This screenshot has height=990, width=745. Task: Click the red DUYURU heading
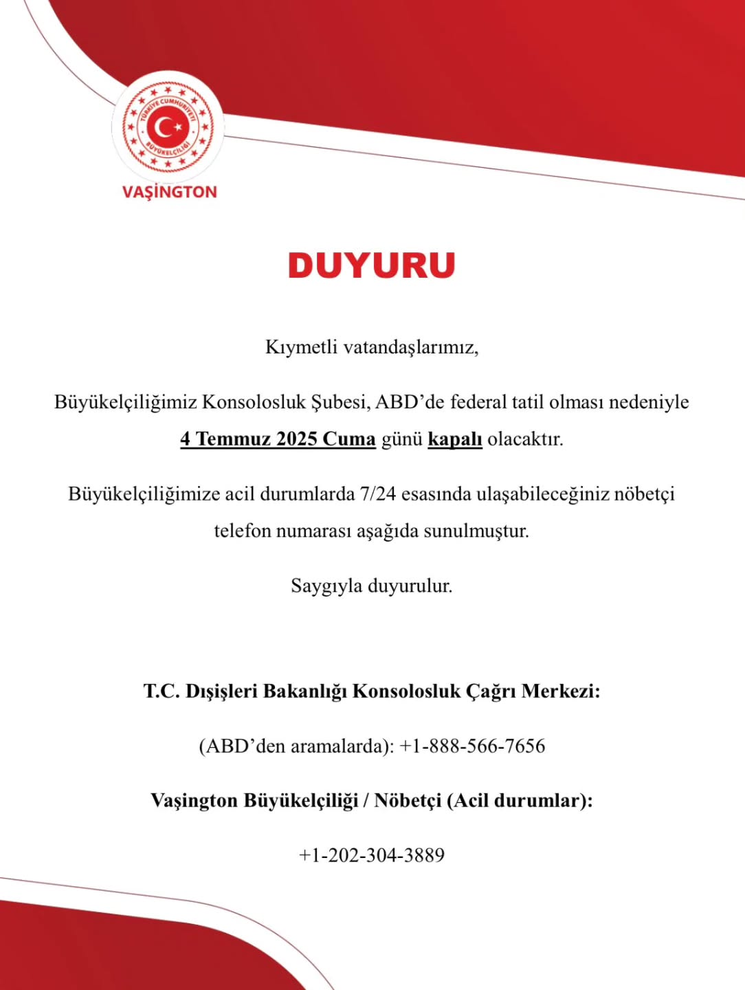point(372,265)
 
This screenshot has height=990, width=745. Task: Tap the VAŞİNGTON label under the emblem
point(169,192)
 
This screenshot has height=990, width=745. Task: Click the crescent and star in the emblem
point(168,127)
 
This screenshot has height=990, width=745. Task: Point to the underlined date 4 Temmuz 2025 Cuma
point(278,439)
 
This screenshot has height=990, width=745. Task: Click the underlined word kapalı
point(455,439)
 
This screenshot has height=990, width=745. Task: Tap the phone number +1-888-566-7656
point(472,746)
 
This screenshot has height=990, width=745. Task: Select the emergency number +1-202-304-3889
point(372,855)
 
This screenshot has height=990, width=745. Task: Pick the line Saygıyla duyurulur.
point(372,586)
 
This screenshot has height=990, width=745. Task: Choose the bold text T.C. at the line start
point(161,690)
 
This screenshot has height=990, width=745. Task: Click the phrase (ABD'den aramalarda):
point(296,746)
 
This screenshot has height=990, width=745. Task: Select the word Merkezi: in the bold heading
point(561,690)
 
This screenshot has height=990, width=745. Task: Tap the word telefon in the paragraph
point(243,531)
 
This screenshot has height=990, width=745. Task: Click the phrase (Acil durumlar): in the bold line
point(520,800)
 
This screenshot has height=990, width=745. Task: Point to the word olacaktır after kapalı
point(526,439)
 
